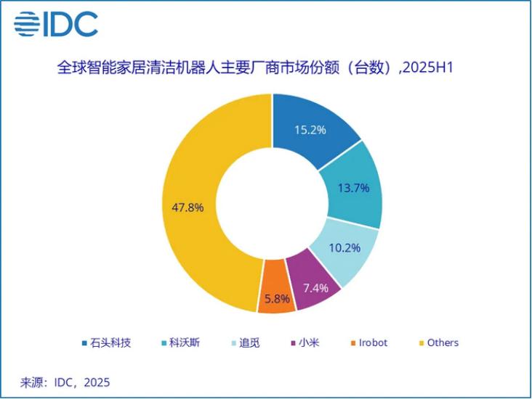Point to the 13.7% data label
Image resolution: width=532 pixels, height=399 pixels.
[353, 188]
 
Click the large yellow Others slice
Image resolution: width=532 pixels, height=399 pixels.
[196, 167]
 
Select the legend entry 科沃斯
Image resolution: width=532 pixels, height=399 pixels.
[181, 342]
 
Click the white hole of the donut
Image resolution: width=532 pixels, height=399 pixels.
[272, 204]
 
